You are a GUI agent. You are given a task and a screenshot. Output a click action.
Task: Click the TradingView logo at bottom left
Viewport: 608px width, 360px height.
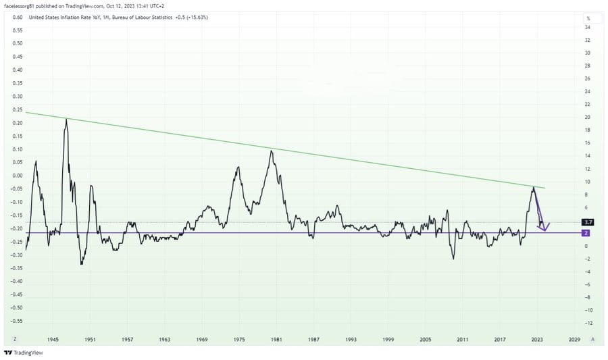(24, 353)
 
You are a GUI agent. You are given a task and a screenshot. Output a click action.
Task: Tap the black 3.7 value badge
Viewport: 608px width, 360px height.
(588, 222)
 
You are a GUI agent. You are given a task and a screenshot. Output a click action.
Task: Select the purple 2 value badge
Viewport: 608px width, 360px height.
(586, 233)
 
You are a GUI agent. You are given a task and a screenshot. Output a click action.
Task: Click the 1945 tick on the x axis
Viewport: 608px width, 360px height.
(53, 340)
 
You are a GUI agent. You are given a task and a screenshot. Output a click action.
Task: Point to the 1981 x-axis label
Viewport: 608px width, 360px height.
(276, 340)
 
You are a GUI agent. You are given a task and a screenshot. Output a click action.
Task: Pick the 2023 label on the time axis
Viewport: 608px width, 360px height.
(537, 340)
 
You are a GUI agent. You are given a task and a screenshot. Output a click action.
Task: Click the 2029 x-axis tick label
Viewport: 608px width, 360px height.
(574, 340)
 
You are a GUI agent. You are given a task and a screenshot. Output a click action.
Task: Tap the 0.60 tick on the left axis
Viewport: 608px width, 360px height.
(18, 17)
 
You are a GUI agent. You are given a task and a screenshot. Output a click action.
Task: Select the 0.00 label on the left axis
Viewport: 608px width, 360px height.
(18, 176)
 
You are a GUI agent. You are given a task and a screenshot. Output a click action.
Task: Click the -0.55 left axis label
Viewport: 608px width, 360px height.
(17, 321)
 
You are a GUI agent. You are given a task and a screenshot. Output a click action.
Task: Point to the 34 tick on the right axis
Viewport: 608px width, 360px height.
(588, 27)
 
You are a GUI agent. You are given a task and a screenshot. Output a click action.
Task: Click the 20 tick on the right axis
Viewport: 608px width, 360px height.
(588, 117)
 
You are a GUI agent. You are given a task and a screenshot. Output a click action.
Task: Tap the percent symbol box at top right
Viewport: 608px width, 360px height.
(588, 18)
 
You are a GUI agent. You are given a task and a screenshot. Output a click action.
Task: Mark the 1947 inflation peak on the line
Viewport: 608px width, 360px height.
(66, 119)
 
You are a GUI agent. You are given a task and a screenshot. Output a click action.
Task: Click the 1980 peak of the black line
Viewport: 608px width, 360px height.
(272, 151)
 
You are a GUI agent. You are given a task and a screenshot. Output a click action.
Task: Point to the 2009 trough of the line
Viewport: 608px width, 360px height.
(454, 259)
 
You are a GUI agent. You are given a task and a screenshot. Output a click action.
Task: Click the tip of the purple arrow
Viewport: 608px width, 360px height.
(544, 231)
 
